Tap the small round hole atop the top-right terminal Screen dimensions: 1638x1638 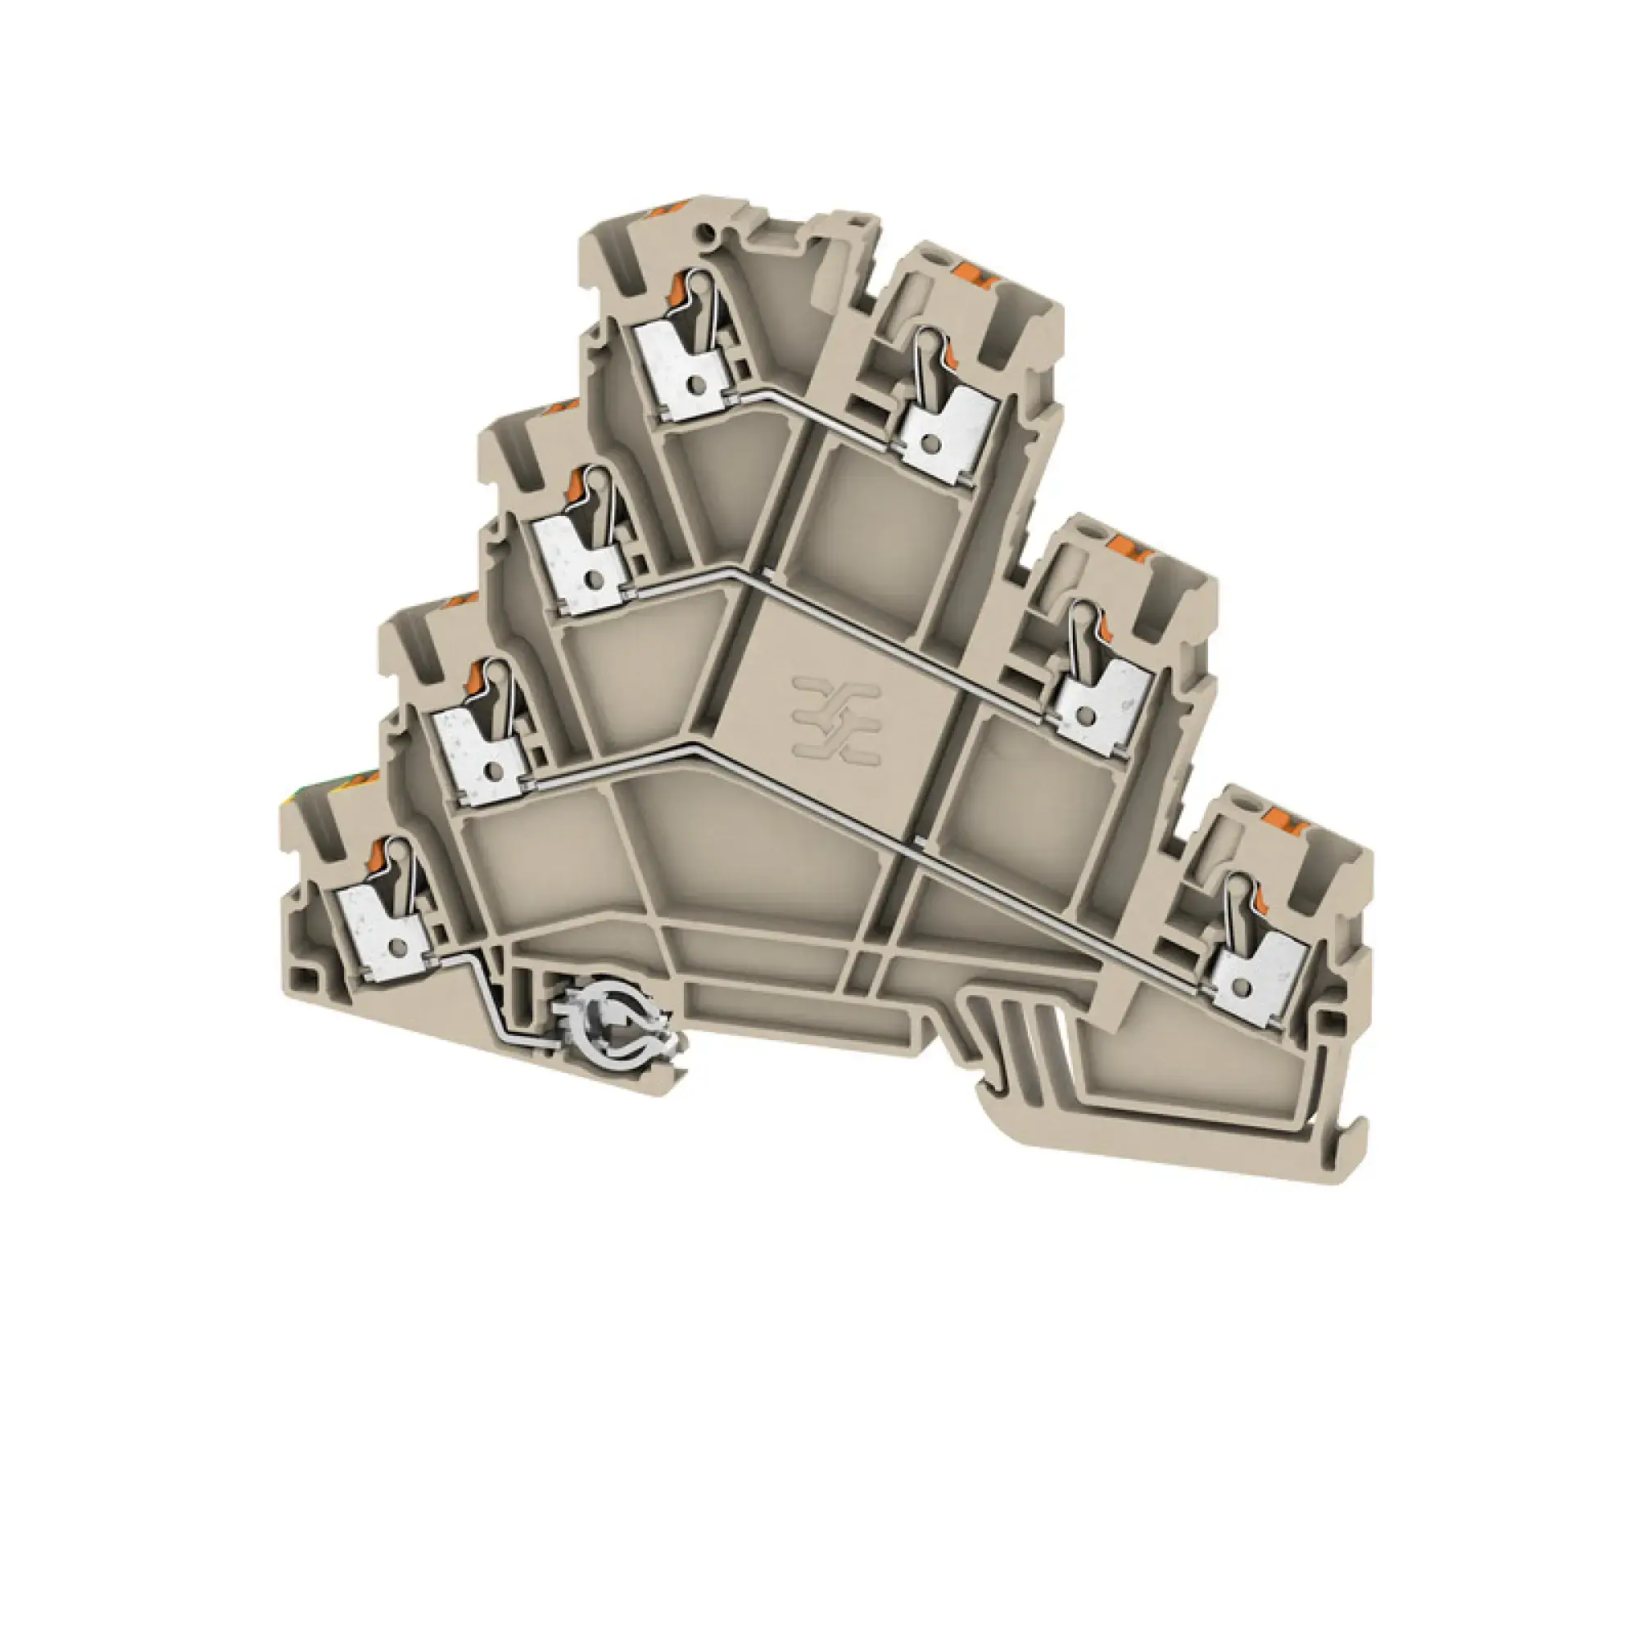pyautogui.click(x=934, y=254)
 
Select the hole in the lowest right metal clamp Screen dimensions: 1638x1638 pyautogui.click(x=1242, y=988)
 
